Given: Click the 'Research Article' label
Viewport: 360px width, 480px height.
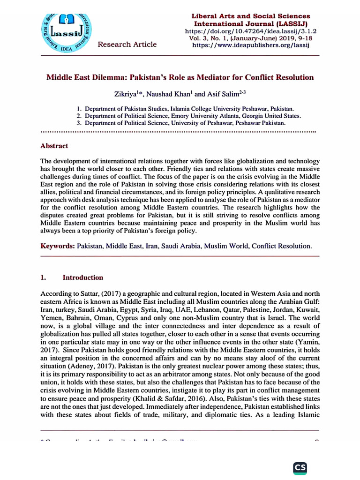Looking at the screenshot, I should pos(127,44).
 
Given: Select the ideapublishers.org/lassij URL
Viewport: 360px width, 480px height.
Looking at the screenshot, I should pos(251,45).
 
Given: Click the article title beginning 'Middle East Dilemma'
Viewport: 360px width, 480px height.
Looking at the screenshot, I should pos(180,77).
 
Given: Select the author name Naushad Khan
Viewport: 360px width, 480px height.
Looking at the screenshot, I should pos(165,94).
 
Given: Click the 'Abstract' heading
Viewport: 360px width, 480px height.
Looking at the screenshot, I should pos(54,146).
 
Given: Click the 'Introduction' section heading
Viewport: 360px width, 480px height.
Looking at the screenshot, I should pos(83,277).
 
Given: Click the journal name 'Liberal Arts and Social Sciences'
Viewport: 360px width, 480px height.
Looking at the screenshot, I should pos(251,16).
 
